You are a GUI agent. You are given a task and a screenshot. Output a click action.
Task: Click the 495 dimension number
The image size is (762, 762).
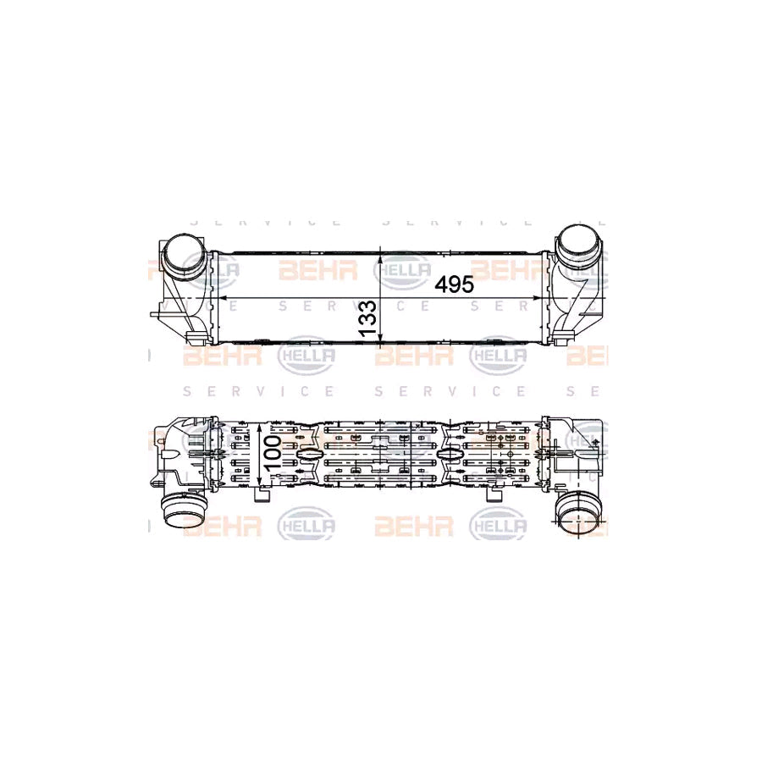[x=454, y=284]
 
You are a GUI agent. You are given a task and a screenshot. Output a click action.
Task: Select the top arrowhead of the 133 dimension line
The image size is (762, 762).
[x=383, y=256]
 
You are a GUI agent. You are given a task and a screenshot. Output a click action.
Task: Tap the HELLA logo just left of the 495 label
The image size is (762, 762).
[x=402, y=270]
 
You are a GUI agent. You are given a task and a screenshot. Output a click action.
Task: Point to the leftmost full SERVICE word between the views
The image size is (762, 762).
[x=259, y=391]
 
